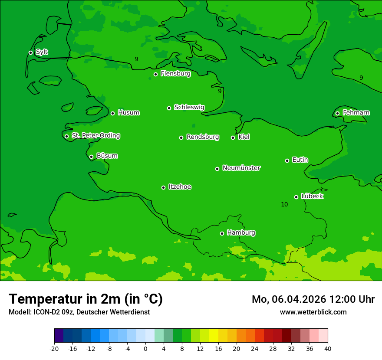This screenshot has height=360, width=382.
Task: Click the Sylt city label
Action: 42,52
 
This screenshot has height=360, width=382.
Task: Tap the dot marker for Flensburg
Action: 155,74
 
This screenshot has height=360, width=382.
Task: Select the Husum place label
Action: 128,113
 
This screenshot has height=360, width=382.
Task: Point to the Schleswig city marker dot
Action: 169,108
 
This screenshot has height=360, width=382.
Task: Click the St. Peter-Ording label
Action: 95,136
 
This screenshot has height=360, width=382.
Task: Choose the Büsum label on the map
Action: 107,156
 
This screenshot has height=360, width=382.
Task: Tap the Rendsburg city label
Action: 202,137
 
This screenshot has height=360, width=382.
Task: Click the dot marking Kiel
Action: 233,137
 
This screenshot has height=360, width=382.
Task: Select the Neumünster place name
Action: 241,168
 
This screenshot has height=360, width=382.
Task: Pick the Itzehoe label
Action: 180,187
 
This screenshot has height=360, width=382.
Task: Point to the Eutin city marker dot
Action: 287,160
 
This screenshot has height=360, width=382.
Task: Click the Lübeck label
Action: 312,196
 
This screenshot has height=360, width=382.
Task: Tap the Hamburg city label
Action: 241,232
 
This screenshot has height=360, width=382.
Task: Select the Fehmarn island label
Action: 356,113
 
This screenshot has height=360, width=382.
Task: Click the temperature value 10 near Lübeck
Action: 284,204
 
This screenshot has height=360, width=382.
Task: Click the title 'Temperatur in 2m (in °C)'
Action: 86,299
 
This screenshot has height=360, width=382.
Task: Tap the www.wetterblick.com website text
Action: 313,312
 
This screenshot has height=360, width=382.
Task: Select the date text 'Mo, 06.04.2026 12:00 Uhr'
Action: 313,299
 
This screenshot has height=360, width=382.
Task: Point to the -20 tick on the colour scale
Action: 54,348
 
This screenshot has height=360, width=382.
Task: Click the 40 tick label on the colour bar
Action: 328,348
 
